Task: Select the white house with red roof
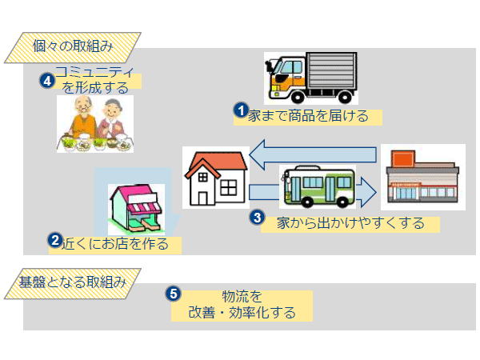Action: coord(215,178)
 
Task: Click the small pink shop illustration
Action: coord(136,210)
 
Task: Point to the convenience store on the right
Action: coord(422,178)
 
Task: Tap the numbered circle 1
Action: coord(239,109)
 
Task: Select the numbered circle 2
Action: coord(55,239)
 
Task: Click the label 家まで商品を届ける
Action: coord(308,117)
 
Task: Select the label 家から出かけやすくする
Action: coord(350,223)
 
